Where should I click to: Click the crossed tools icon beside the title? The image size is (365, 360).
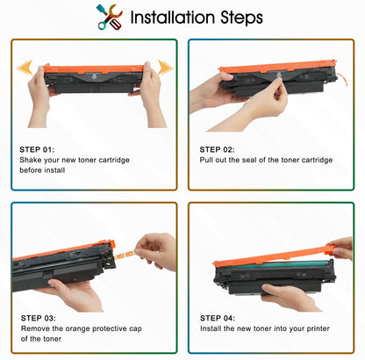[110, 17]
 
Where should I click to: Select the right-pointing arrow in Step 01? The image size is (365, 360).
[164, 67]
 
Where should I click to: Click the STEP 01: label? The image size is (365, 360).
[37, 149]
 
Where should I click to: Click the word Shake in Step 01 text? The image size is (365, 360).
[30, 161]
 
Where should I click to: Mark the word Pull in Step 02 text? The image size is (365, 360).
[207, 160]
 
